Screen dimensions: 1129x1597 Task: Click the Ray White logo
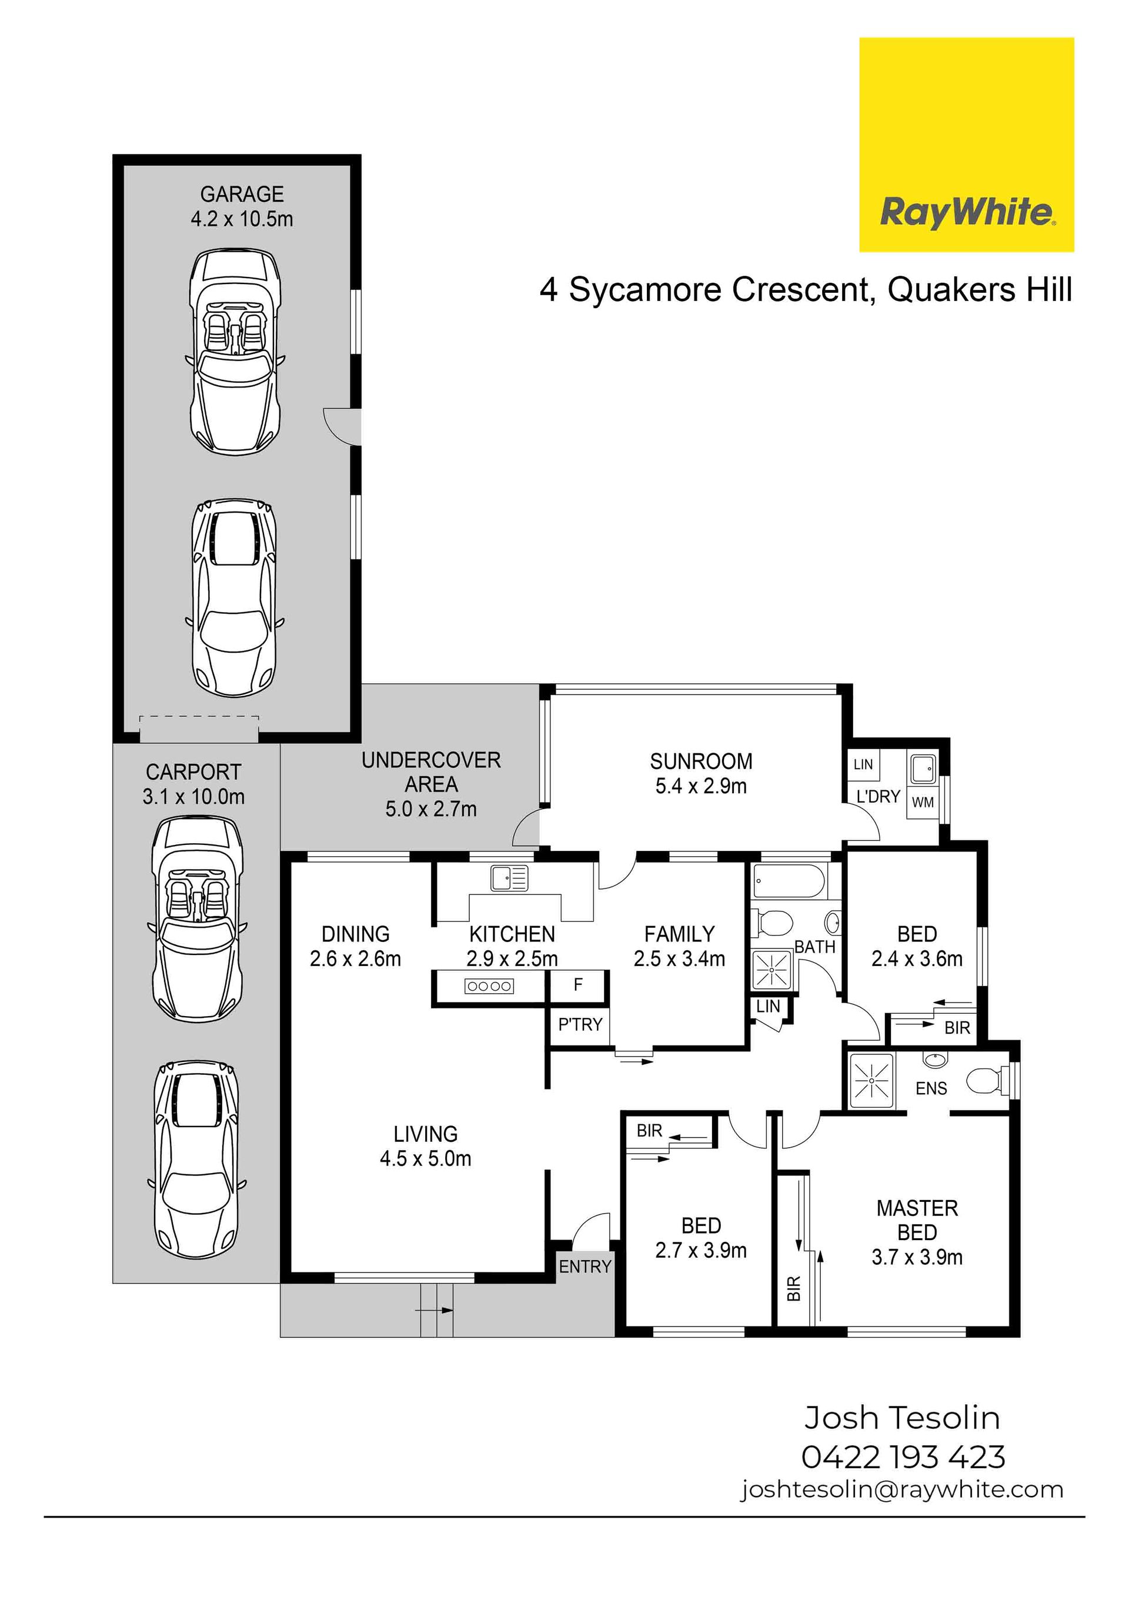point(966,145)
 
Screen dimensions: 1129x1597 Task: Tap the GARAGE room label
point(242,194)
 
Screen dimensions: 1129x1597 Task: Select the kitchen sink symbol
point(509,878)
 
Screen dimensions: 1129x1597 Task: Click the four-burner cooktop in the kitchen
point(490,985)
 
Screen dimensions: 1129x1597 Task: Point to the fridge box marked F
point(578,985)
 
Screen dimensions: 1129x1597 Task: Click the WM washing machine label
point(923,803)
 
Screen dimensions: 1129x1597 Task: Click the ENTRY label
point(585,1267)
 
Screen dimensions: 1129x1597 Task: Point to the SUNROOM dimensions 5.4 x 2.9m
point(701,786)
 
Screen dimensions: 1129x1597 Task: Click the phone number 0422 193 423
point(903,1457)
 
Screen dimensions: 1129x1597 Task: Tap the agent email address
point(901,1490)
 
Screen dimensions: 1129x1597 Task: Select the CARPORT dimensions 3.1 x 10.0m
point(193,796)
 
